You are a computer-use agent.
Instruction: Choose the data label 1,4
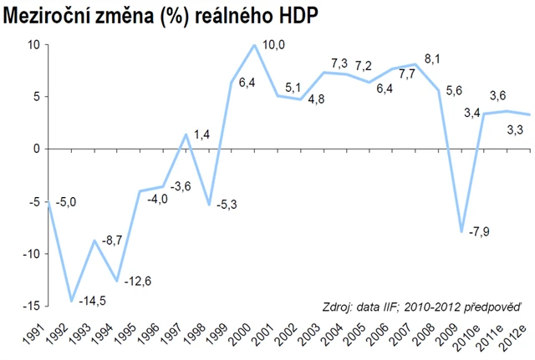[x=203, y=134]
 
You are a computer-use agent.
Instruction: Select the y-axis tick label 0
[x=37, y=149]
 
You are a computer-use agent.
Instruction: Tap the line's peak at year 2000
[x=254, y=45]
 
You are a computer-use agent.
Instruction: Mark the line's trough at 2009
[x=461, y=231]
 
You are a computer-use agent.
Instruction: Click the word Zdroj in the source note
[x=337, y=306]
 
